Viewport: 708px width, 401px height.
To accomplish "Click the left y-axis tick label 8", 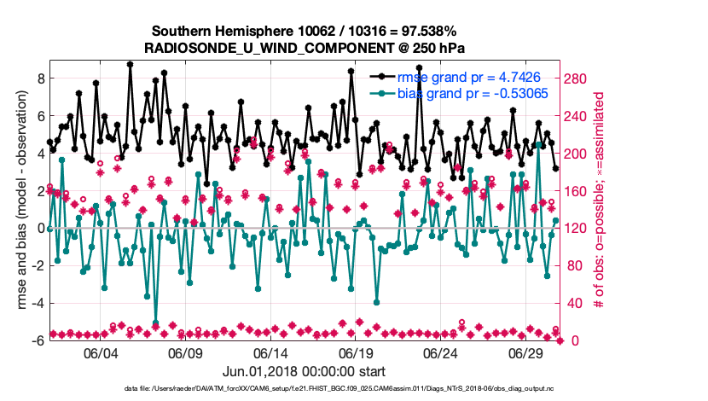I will pos(39,78).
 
